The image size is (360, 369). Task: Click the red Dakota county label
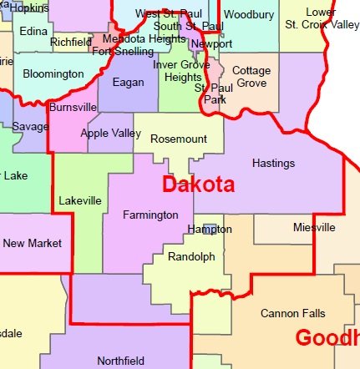(197, 185)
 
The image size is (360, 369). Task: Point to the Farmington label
(150, 215)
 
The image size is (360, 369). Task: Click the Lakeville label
(80, 200)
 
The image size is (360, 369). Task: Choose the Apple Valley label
(107, 134)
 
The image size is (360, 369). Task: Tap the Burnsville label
(73, 108)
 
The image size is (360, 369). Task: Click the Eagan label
(128, 82)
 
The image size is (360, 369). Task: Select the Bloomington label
(53, 74)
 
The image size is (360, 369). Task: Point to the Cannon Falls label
(293, 314)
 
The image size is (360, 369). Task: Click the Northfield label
(120, 361)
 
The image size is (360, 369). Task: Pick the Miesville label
(314, 227)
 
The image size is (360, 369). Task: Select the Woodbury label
(249, 15)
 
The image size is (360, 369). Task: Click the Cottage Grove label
(251, 77)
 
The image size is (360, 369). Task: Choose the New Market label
(32, 244)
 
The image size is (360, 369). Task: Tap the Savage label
(30, 126)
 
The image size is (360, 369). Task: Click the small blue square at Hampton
(209, 229)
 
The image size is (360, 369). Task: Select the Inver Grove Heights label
(177, 71)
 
